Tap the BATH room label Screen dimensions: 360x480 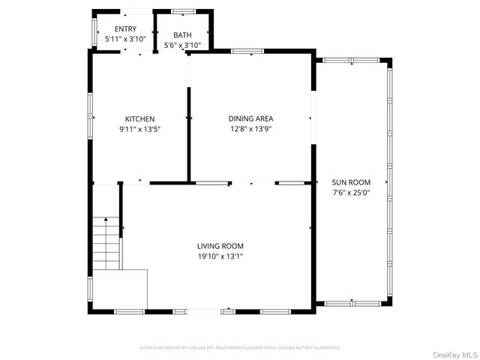[x=182, y=35]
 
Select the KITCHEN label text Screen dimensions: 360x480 [x=139, y=119]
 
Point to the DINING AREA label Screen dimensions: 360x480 [x=250, y=118]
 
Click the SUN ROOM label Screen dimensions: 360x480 [x=351, y=182]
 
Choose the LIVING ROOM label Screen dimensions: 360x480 [x=220, y=246]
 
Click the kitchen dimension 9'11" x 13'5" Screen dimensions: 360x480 [x=139, y=130]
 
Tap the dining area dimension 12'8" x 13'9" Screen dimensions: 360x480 [x=250, y=129]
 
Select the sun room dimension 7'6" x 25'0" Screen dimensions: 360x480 [x=351, y=193]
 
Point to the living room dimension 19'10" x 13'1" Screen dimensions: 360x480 [x=220, y=256]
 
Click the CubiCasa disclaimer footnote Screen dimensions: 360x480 [x=240, y=348]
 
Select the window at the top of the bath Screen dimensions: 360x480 [x=182, y=11]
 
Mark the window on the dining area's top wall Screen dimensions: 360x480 [x=247, y=51]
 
